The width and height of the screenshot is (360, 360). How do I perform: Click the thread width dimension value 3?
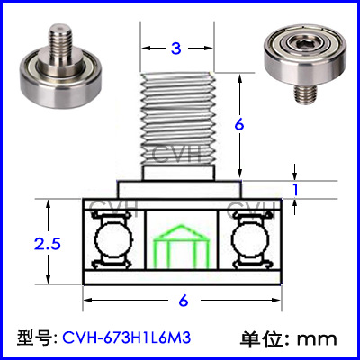point(176,49)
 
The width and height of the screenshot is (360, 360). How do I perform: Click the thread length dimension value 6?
point(239,125)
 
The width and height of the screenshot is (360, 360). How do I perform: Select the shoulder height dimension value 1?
point(295,190)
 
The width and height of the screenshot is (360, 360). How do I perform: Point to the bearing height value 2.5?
point(48,244)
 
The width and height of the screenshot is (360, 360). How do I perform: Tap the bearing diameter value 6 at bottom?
point(184,301)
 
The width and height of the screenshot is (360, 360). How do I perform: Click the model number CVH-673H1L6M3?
point(126,338)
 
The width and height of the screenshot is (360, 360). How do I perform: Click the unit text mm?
point(317,339)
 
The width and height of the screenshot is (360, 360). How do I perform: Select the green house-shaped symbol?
point(181,246)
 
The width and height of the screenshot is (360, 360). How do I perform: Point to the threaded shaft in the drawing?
point(179,119)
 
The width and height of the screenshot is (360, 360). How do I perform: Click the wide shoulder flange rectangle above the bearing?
point(179,189)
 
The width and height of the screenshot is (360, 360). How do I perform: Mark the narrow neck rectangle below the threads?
point(179,173)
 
